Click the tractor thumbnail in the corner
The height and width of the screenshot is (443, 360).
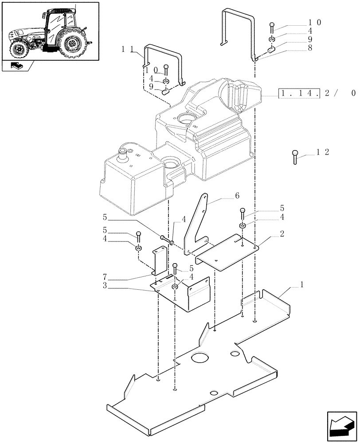(x=49, y=30)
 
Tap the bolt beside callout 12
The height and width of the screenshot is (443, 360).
(x=295, y=157)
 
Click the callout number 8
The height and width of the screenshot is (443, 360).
(x=309, y=48)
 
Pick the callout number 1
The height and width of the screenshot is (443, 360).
(x=301, y=287)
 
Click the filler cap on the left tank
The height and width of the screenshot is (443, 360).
(x=122, y=153)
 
